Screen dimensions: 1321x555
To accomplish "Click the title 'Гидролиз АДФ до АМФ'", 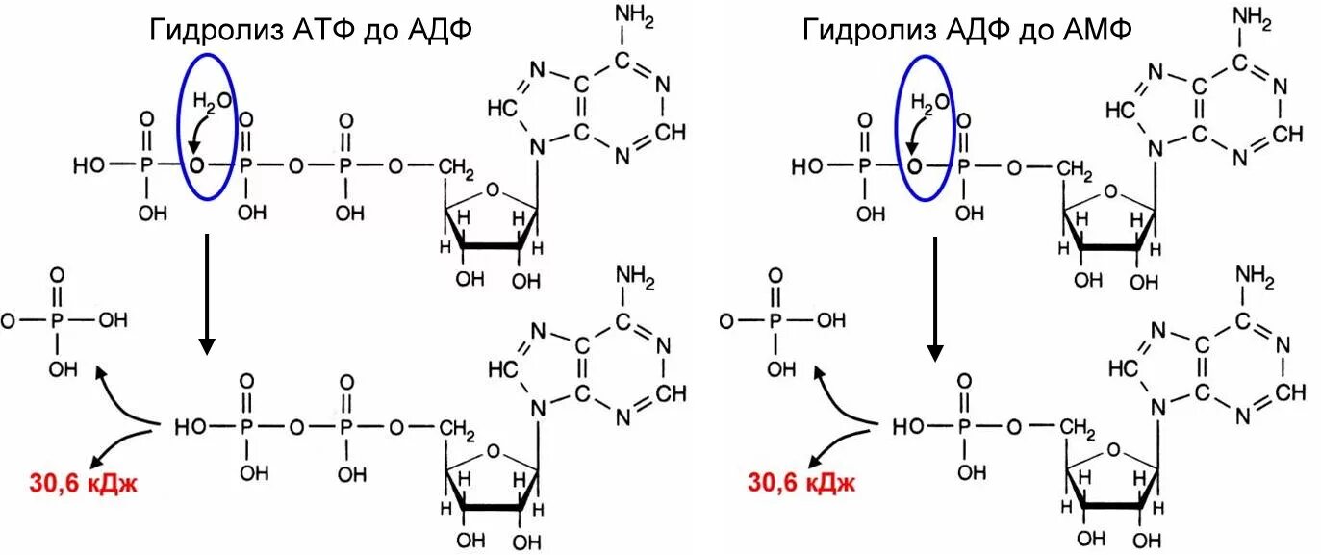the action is pyautogui.click(x=968, y=30).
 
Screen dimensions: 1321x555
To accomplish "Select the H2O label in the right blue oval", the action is pyautogui.click(x=928, y=101).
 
